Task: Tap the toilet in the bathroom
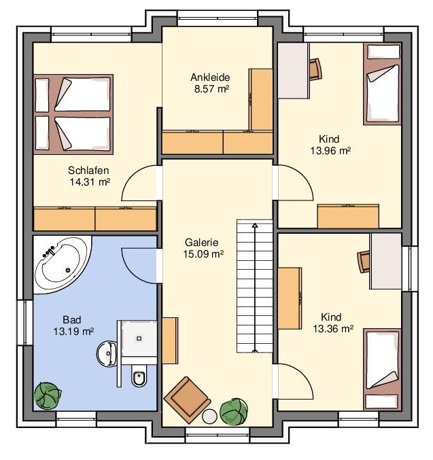click(x=139, y=376)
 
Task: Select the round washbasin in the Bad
click(x=107, y=353)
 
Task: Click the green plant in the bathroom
click(x=48, y=395)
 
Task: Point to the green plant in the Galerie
click(x=234, y=412)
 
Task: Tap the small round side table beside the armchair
click(x=209, y=416)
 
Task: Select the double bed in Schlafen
click(x=73, y=114)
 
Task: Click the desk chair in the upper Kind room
click(x=315, y=69)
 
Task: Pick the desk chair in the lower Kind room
click(x=364, y=262)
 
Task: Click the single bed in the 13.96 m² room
click(x=382, y=84)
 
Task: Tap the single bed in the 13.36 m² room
click(x=382, y=369)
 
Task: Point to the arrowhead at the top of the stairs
click(x=255, y=226)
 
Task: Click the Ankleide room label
click(x=210, y=77)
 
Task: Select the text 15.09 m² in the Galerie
click(x=203, y=254)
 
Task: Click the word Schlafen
click(x=88, y=170)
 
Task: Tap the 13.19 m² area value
click(x=73, y=332)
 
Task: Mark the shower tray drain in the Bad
click(x=139, y=338)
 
